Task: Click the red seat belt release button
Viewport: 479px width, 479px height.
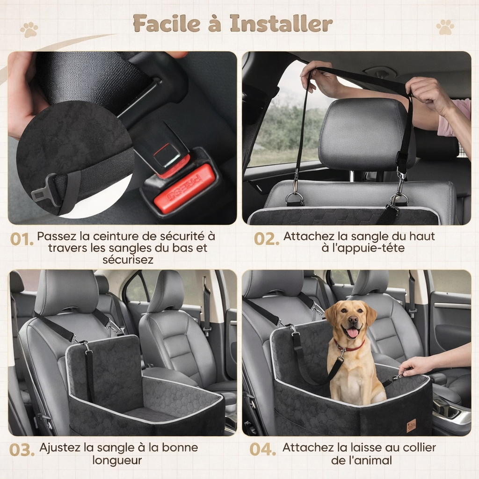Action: tap(184, 189)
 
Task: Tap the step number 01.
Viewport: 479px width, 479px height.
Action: tap(22, 239)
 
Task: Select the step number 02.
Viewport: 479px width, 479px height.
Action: tap(266, 239)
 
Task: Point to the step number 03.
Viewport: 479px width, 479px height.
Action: tap(22, 450)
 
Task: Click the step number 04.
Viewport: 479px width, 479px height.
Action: tap(263, 450)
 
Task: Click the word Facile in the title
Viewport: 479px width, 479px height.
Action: tap(167, 23)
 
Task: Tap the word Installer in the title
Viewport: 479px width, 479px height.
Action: tap(281, 23)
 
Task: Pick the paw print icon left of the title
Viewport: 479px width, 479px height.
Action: tap(29, 29)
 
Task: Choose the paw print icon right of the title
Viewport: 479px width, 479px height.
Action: tap(445, 27)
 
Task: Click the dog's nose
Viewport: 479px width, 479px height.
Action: tap(353, 320)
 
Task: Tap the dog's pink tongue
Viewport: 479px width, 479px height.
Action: tap(353, 333)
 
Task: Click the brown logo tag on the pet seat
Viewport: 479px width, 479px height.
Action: tap(411, 426)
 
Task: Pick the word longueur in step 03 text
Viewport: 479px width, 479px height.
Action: tap(117, 460)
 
